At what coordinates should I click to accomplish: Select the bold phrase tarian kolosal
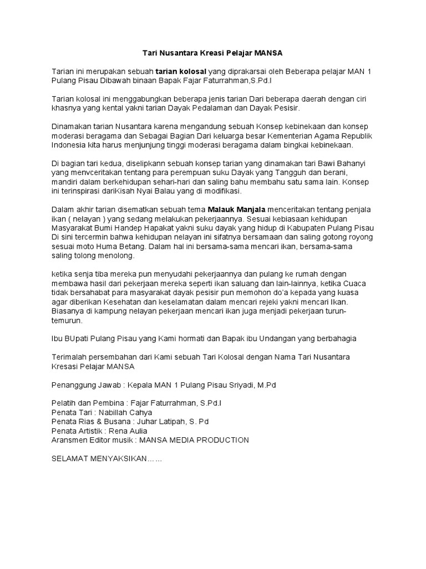click(181, 72)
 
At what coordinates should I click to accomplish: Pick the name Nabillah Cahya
click(121, 412)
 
